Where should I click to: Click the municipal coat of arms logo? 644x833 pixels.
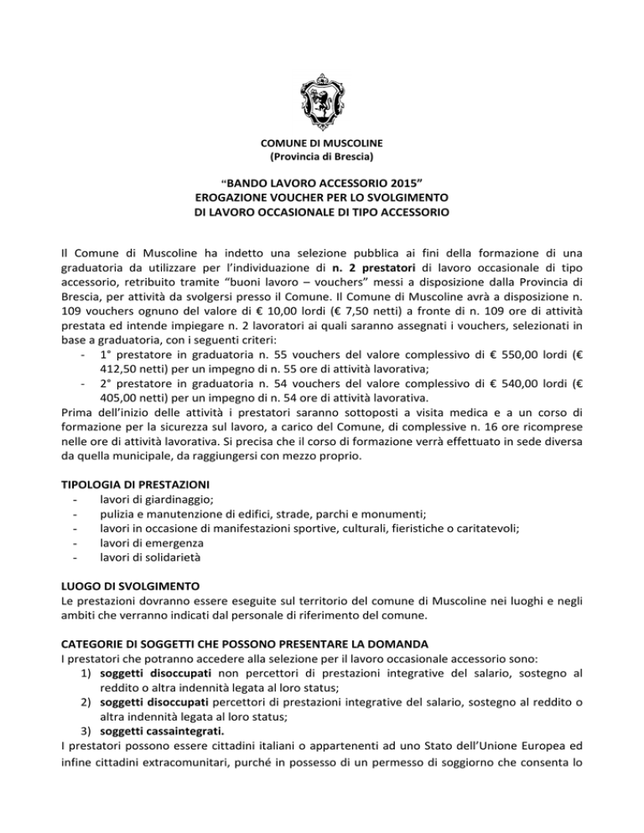tap(322, 93)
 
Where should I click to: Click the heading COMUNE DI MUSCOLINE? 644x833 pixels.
tap(322, 143)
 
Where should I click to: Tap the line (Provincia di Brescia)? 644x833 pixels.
tap(322, 157)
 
